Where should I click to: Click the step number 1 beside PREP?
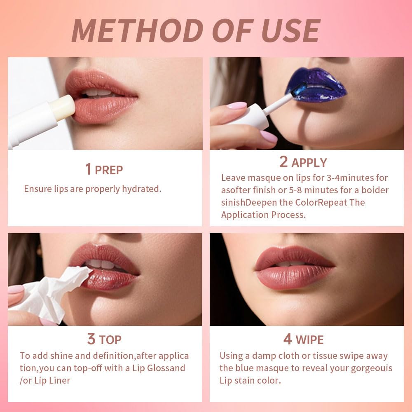point(88,169)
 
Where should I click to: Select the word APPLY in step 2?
point(309,163)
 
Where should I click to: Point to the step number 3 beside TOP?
point(91,339)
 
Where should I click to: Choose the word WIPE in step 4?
point(309,340)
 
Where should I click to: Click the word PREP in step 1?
point(109,170)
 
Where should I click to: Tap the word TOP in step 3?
point(110,340)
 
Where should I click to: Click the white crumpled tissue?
point(54,290)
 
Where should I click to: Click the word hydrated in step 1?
point(141,189)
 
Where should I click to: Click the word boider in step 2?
point(375,190)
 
